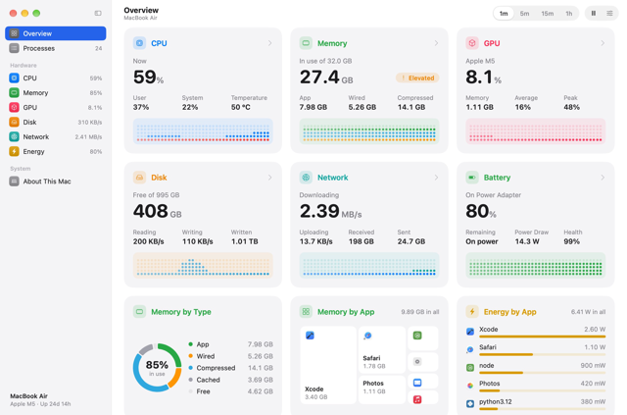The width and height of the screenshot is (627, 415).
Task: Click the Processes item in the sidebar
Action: (55, 48)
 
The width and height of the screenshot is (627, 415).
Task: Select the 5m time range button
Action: (524, 14)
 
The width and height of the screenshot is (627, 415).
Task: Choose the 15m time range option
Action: (548, 14)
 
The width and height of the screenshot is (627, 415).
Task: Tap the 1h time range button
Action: (568, 14)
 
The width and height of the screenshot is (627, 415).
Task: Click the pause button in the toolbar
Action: (594, 13)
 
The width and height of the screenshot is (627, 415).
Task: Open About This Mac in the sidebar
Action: (55, 182)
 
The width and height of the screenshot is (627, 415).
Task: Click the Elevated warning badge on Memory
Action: (417, 78)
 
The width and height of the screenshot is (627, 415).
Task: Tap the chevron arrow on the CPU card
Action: (270, 43)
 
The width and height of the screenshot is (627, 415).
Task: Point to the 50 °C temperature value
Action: (241, 107)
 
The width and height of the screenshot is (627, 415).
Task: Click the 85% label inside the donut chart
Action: (157, 365)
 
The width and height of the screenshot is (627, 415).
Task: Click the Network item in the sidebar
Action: (55, 137)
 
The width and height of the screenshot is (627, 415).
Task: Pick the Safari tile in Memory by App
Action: (381, 349)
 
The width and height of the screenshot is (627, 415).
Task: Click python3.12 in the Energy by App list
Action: (495, 402)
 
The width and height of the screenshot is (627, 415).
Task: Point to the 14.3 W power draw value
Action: (527, 241)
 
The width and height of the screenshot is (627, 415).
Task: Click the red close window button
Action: (13, 13)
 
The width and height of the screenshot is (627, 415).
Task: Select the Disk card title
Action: (159, 178)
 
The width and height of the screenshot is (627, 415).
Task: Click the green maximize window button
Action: (36, 13)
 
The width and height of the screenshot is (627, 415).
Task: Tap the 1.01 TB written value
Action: (244, 241)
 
